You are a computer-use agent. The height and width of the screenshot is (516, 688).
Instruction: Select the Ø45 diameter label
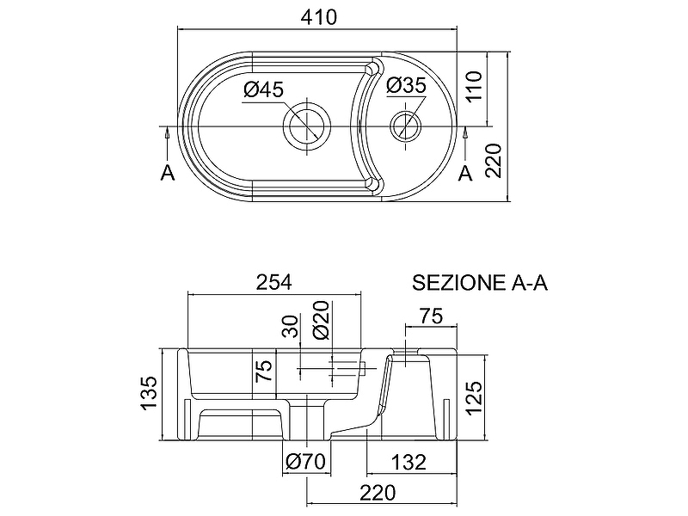(263, 89)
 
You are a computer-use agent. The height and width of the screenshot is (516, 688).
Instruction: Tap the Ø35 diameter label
(406, 86)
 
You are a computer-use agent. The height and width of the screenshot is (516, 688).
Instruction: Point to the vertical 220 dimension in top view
(494, 160)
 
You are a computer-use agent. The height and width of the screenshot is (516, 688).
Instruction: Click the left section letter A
(168, 173)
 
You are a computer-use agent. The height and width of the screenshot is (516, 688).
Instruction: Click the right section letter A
(466, 173)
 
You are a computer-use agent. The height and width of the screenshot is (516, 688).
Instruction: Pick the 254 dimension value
(274, 282)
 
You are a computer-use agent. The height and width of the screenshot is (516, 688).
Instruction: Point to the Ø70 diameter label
(305, 462)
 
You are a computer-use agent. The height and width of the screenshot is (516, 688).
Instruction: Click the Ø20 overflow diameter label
(322, 321)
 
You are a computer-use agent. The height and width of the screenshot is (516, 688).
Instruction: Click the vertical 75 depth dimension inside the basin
(264, 371)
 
